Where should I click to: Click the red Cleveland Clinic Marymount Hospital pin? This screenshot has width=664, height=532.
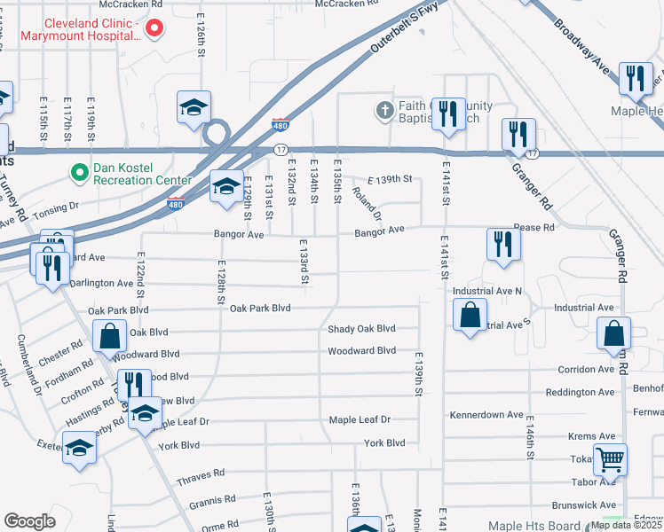(x=154, y=28)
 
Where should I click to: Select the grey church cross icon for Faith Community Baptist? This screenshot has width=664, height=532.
(x=383, y=111)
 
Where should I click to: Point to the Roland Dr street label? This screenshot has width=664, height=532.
(x=367, y=204)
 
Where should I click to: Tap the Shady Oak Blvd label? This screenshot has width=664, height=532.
(x=361, y=329)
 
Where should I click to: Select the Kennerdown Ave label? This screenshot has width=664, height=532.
(x=486, y=415)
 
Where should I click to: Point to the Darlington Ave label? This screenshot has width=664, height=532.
(x=100, y=284)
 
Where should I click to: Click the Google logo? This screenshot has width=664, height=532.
(x=29, y=521)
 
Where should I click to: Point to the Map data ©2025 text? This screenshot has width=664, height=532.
(x=625, y=525)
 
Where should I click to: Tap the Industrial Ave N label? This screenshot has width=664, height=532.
(x=488, y=291)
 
